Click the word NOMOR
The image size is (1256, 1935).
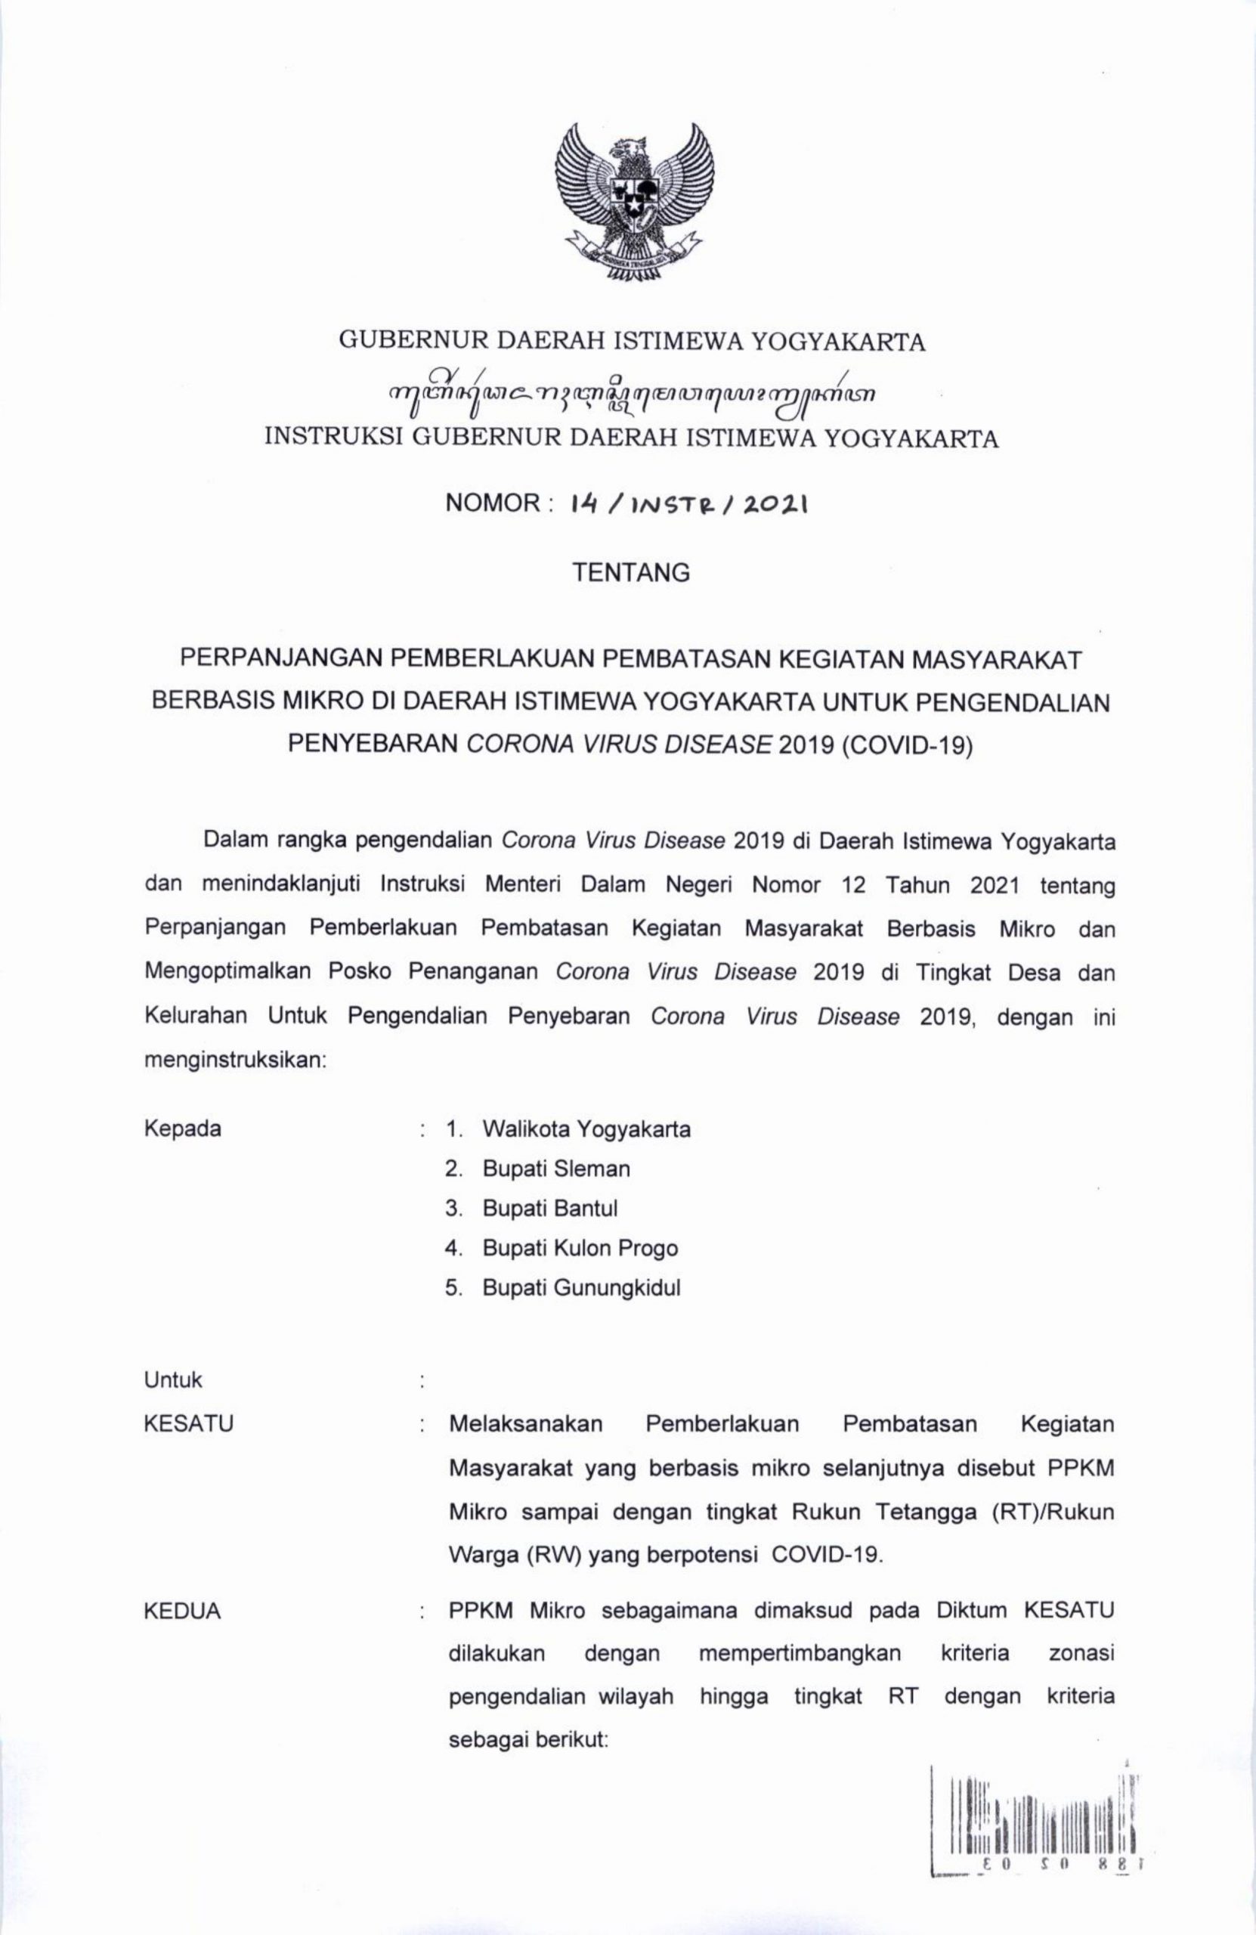[x=493, y=504]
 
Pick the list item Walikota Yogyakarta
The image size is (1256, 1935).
[x=586, y=1129]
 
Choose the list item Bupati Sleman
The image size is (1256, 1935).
[x=556, y=1169]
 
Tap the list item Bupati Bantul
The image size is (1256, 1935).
[x=549, y=1209]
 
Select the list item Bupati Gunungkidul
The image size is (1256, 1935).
[x=581, y=1289]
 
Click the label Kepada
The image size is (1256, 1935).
[x=182, y=1129]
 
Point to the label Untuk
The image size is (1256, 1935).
[x=173, y=1379]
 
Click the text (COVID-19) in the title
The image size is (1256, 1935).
[x=908, y=746]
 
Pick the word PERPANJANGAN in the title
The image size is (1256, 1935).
[x=280, y=659]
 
